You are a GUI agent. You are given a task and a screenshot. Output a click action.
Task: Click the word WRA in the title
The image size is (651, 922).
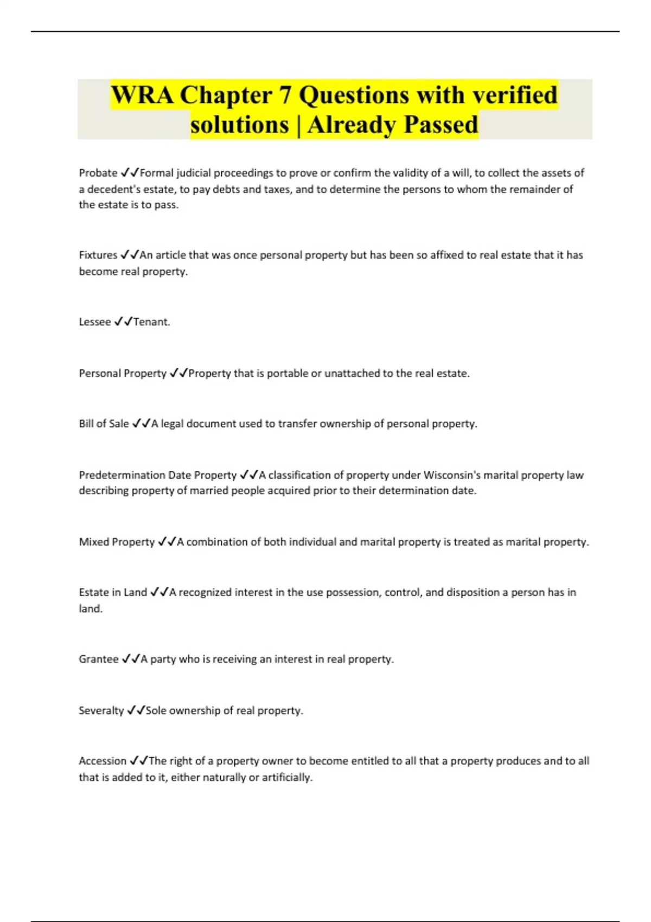[x=142, y=95]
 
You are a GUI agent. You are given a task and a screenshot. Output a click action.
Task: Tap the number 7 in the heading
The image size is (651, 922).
[x=284, y=95]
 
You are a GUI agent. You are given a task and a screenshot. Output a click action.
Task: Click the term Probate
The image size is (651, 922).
[x=98, y=173]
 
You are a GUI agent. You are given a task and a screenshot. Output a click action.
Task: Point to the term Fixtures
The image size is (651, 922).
[x=98, y=255]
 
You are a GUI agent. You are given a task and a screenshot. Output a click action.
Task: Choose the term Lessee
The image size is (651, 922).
[x=95, y=322]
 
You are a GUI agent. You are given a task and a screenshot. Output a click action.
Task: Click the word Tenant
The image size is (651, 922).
[x=151, y=322]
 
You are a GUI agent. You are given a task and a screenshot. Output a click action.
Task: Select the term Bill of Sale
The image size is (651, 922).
[x=104, y=424]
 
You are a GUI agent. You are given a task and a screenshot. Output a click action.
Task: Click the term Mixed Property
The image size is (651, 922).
[x=117, y=542]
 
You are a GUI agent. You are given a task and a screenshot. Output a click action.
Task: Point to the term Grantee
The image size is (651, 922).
[x=99, y=659]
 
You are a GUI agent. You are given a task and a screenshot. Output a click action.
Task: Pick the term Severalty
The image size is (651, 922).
[x=101, y=710]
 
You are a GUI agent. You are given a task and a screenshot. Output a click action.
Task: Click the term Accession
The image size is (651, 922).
[x=103, y=761]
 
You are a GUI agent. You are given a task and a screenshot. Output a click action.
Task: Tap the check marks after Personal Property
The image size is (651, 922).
[x=178, y=373]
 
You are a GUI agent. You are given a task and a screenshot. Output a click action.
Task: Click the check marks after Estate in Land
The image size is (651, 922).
[x=159, y=592]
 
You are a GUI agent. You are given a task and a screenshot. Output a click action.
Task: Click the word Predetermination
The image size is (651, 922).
[x=122, y=475]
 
